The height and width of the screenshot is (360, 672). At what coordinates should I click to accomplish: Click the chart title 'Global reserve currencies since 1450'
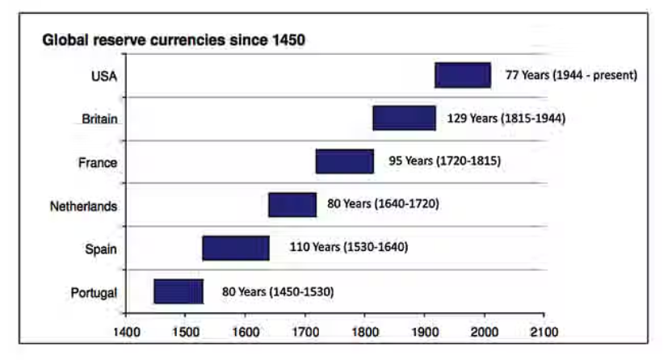coord(174,40)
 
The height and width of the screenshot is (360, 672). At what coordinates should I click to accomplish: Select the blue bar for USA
coord(463,74)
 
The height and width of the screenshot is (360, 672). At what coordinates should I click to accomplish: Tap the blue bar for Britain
coord(404,118)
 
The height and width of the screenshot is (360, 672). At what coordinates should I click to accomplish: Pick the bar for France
coord(345,161)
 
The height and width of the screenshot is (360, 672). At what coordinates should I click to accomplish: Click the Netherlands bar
coord(292,205)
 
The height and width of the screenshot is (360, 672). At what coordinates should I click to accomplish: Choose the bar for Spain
coord(236,248)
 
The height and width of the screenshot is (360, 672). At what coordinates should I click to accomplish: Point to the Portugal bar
coord(178,291)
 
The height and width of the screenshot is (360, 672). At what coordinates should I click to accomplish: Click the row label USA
coord(104,77)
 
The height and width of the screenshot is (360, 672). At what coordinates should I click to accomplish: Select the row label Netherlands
coord(83,206)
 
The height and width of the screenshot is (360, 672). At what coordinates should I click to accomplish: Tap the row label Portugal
coord(94,292)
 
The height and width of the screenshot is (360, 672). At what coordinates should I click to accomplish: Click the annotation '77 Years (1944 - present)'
coord(572,75)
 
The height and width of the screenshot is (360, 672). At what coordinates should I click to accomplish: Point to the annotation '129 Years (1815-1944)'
coord(506,118)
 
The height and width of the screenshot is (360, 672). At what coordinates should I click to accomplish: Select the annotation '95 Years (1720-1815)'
coord(445,161)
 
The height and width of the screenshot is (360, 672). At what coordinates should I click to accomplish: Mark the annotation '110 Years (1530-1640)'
coord(349,246)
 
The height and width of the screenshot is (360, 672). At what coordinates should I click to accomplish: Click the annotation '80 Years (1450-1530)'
coord(278,291)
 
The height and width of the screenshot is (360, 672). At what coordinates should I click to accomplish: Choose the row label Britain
coord(100,119)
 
